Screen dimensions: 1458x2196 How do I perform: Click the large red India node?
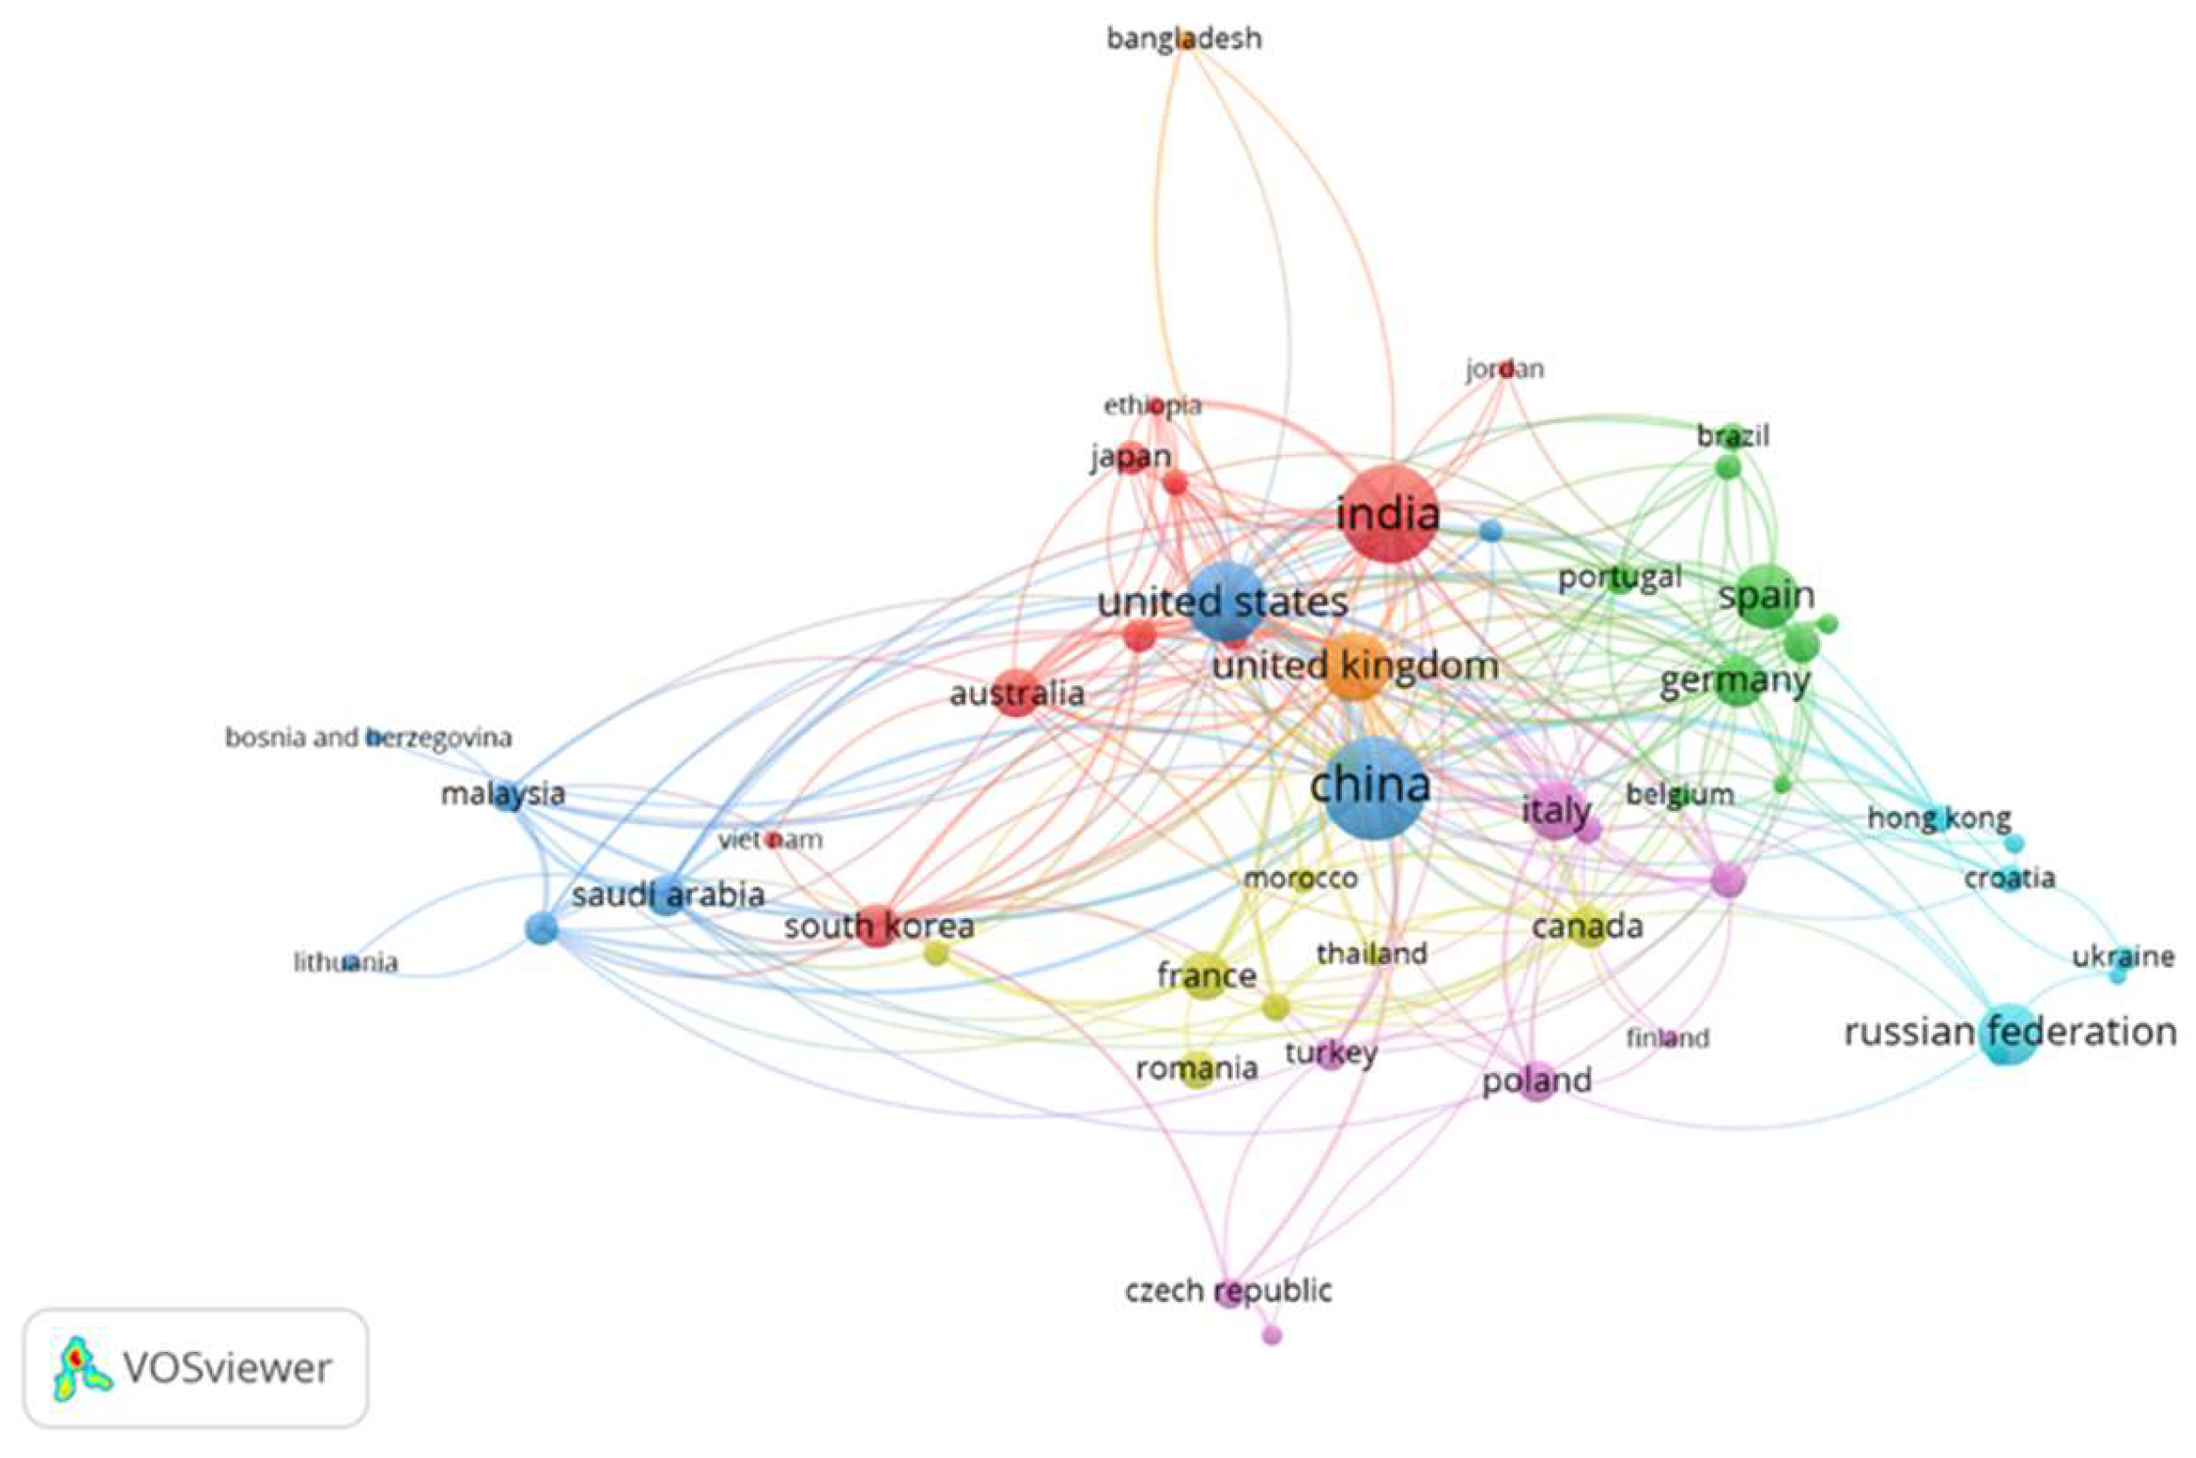(x=1389, y=515)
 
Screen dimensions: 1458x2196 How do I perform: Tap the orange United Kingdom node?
(x=1356, y=667)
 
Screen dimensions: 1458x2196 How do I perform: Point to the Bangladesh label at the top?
(x=1184, y=39)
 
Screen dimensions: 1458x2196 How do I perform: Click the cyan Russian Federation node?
(x=2009, y=1034)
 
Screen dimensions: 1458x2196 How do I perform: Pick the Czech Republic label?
(x=1228, y=1290)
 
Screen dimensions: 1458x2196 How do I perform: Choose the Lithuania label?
(x=346, y=962)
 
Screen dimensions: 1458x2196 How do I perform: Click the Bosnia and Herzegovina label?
(x=368, y=737)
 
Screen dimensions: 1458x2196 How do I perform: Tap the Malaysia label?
(x=503, y=793)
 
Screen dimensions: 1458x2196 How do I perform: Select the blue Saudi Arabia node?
(x=667, y=894)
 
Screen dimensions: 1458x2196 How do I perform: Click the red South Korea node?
(x=877, y=925)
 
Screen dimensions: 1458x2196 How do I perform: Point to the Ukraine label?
(x=2122, y=956)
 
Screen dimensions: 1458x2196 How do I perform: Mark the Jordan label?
(x=1504, y=369)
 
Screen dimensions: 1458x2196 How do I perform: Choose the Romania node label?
(x=1197, y=1068)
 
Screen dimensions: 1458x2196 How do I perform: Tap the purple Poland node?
(x=1537, y=1081)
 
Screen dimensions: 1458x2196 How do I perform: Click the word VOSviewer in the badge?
(x=227, y=1368)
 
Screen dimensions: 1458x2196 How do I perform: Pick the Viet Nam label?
(x=771, y=840)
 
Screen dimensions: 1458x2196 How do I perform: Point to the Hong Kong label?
(x=1939, y=818)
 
